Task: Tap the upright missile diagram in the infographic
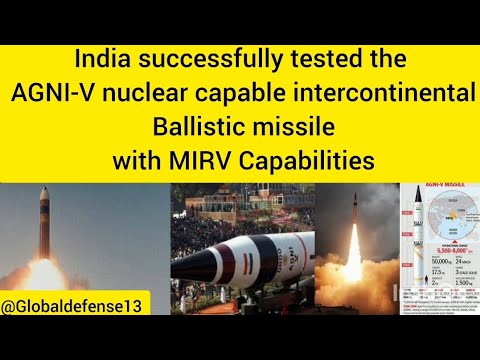414,240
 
